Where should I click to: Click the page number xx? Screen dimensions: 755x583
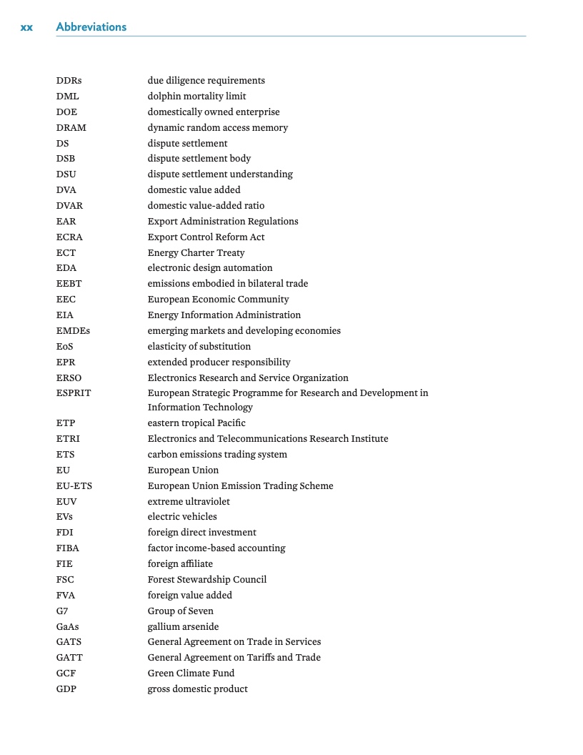pyautogui.click(x=26, y=27)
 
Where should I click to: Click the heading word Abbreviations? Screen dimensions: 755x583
pyautogui.click(x=91, y=27)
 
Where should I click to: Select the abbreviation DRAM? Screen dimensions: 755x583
pyautogui.click(x=71, y=128)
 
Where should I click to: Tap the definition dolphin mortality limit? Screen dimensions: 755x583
pyautogui.click(x=197, y=97)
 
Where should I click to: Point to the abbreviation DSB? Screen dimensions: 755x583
pyautogui.click(x=66, y=159)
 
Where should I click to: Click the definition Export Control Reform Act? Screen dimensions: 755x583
pyautogui.click(x=206, y=237)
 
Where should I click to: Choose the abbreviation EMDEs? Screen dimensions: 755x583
pyautogui.click(x=73, y=331)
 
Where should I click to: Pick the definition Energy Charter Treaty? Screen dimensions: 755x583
pyautogui.click(x=196, y=253)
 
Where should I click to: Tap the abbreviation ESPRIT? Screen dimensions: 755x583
pyautogui.click(x=74, y=393)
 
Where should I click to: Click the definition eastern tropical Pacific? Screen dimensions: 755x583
pyautogui.click(x=196, y=423)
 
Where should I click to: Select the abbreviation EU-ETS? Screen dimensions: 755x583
pyautogui.click(x=74, y=486)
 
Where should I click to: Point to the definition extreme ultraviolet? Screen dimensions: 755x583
pyautogui.click(x=189, y=502)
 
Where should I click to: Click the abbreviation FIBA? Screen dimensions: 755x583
pyautogui.click(x=68, y=548)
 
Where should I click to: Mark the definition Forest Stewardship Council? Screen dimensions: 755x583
pyautogui.click(x=207, y=580)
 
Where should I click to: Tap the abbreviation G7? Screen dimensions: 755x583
pyautogui.click(x=62, y=611)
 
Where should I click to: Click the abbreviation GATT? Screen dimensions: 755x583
pyautogui.click(x=69, y=658)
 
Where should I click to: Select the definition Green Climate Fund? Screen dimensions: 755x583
pyautogui.click(x=191, y=673)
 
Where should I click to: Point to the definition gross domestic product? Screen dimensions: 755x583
pyautogui.click(x=198, y=689)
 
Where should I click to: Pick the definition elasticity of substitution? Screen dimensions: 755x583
pyautogui.click(x=199, y=347)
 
